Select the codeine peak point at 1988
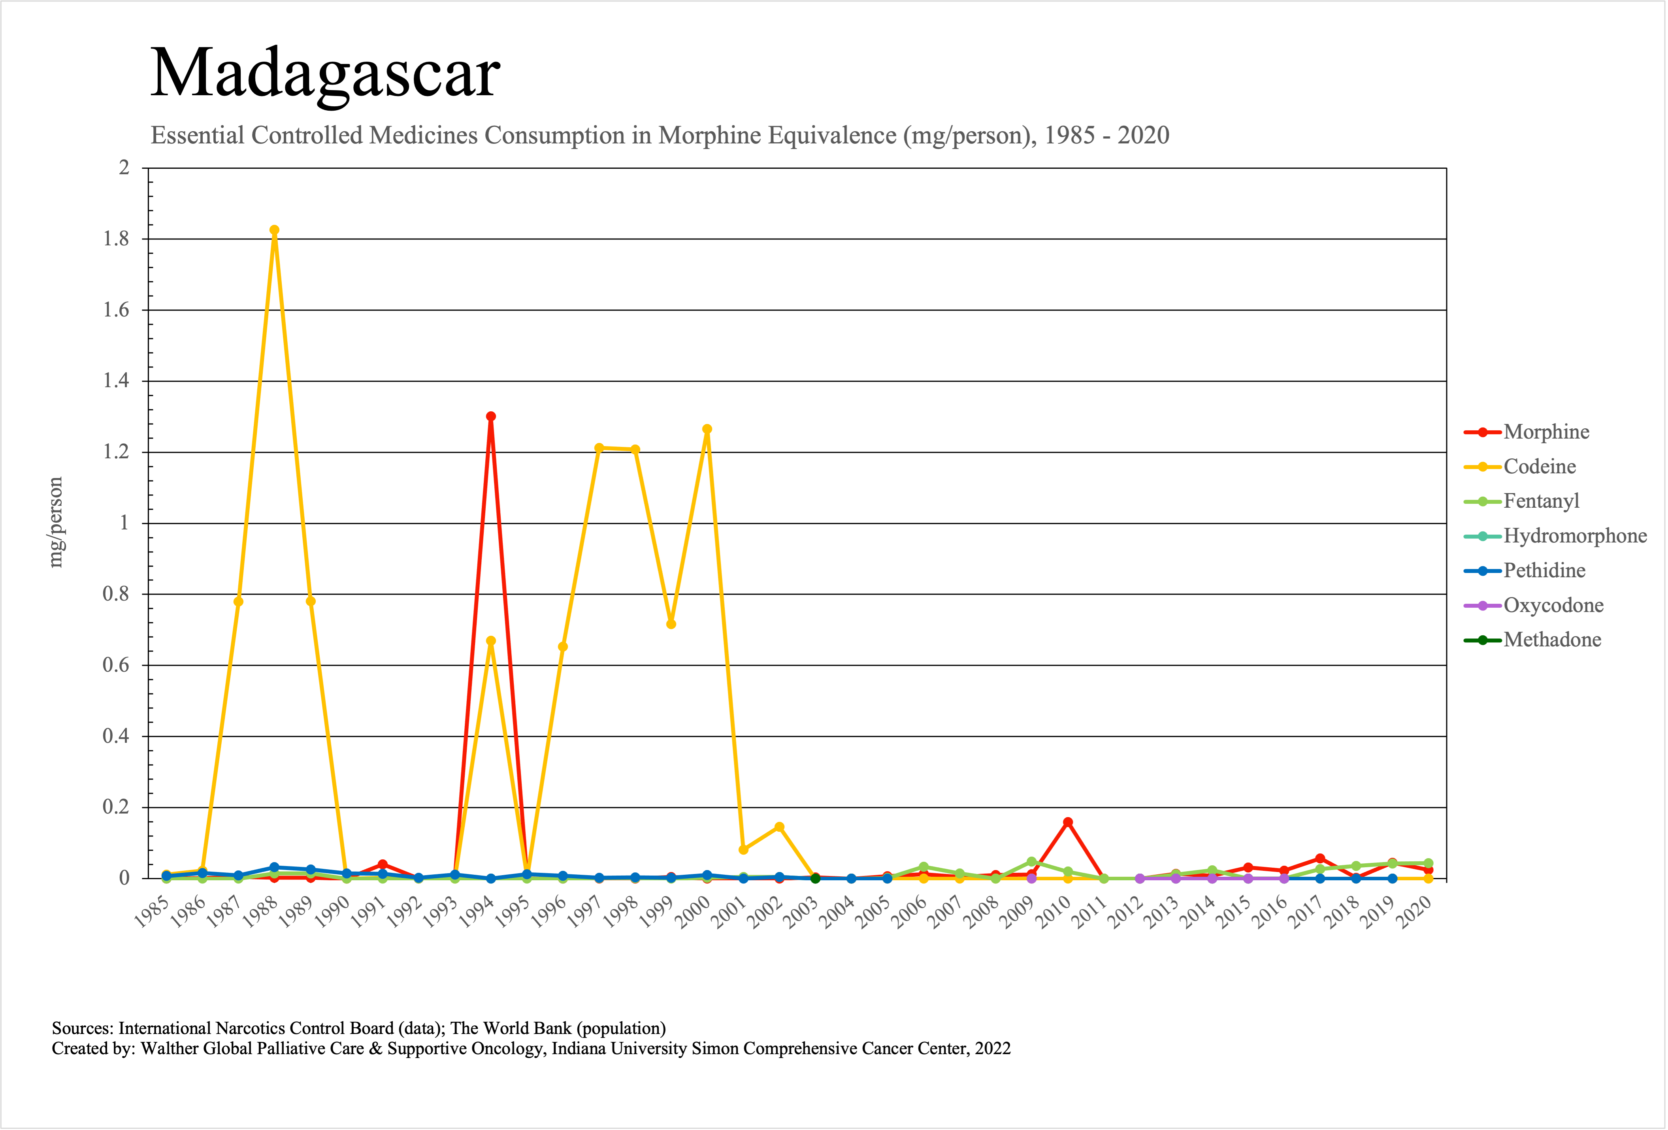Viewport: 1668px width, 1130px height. click(x=274, y=230)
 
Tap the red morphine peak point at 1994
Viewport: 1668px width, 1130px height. click(x=491, y=416)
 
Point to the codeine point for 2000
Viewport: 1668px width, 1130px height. click(x=707, y=429)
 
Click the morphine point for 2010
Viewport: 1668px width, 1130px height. click(x=1068, y=822)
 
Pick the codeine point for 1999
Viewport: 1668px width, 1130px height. click(x=671, y=624)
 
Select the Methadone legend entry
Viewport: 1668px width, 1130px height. click(x=1552, y=640)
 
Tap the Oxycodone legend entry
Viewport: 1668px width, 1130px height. click(x=1553, y=606)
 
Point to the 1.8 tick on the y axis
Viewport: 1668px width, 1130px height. click(x=116, y=239)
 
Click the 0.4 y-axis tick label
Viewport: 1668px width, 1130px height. click(x=116, y=736)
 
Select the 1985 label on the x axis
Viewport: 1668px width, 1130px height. click(x=151, y=913)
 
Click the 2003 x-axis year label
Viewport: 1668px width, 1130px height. click(x=801, y=913)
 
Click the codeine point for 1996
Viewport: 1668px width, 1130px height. click(x=563, y=646)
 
